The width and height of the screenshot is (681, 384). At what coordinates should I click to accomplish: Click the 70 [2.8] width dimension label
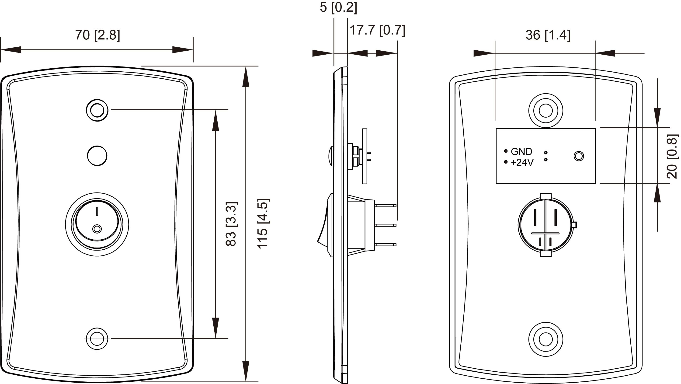point(97,35)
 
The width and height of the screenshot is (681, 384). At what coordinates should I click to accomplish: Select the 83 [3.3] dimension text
point(232,224)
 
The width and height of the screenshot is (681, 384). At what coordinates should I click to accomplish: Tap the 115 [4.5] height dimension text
point(263,224)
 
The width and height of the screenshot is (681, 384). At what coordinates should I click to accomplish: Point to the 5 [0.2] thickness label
point(338,7)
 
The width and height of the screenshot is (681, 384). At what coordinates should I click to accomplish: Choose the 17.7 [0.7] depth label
point(377,30)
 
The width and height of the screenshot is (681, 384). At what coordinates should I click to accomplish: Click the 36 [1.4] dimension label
point(548,35)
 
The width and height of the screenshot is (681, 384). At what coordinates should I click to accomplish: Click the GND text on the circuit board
point(521,152)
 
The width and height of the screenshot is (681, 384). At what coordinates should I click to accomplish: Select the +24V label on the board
point(522,163)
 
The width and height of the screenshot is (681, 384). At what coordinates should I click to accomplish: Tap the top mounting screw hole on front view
point(97,110)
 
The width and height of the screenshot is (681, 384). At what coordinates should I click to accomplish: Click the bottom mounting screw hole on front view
point(97,339)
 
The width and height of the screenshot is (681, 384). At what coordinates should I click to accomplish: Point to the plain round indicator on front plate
point(97,156)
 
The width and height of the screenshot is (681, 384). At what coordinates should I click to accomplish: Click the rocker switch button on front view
point(97,224)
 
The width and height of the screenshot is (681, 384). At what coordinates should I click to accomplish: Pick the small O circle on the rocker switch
point(97,229)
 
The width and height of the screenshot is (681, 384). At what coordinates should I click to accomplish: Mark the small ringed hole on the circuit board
point(579,156)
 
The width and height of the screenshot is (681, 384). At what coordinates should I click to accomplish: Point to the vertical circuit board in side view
point(365,156)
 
